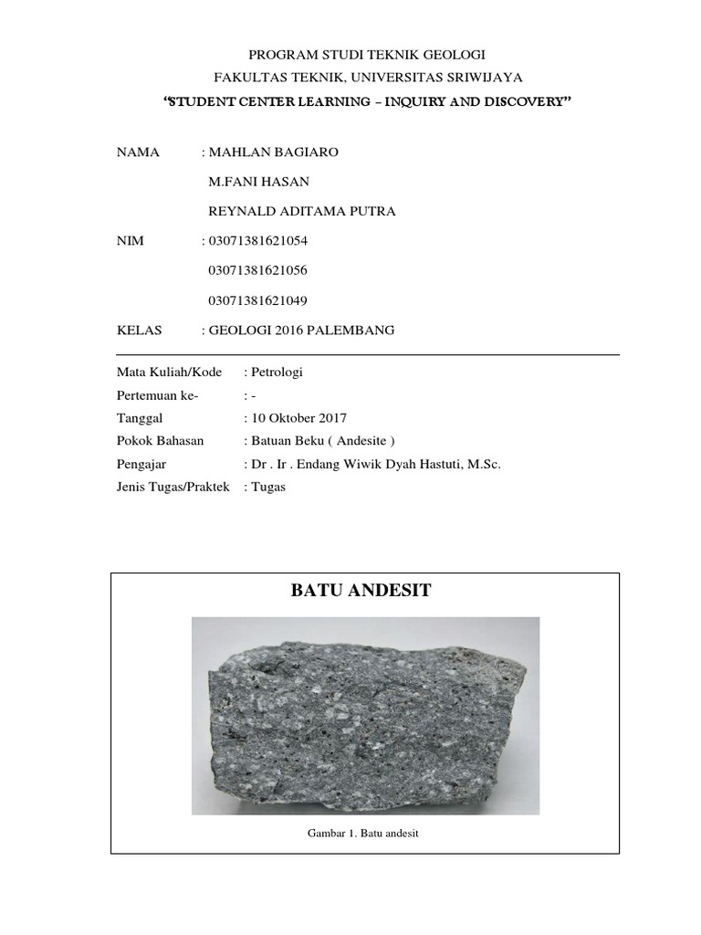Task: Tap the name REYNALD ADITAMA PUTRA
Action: tap(302, 212)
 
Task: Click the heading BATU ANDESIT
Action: tap(361, 592)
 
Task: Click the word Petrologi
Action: tap(277, 373)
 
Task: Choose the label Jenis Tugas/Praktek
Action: tap(173, 487)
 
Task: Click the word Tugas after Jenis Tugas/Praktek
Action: tap(270, 487)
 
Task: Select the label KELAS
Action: tap(139, 330)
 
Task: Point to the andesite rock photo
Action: tap(365, 715)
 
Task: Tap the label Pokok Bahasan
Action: tap(161, 441)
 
